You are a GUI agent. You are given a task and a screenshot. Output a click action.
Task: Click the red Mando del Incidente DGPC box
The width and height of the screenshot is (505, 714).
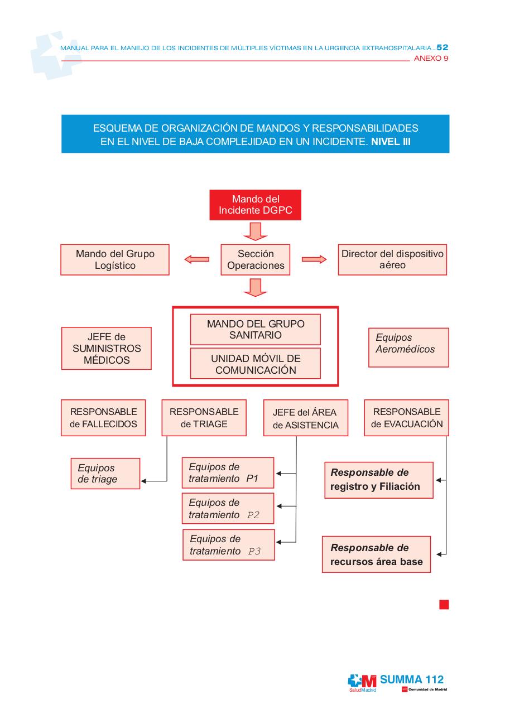pyautogui.click(x=255, y=205)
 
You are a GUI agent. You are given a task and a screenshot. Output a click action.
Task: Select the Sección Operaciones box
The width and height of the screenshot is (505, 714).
pyautogui.click(x=256, y=259)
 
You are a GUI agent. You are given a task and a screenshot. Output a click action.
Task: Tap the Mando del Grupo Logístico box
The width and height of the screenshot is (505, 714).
pyautogui.click(x=115, y=259)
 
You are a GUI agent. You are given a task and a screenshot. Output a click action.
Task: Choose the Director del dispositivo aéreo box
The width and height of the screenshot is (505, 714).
pyautogui.click(x=392, y=259)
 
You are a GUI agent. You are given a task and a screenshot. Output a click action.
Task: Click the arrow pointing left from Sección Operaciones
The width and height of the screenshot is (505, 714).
pyautogui.click(x=196, y=259)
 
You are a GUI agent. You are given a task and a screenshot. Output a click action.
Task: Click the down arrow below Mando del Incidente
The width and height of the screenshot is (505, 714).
pyautogui.click(x=256, y=230)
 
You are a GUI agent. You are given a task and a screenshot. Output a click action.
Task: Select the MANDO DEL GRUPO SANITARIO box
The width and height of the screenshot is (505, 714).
pyautogui.click(x=255, y=329)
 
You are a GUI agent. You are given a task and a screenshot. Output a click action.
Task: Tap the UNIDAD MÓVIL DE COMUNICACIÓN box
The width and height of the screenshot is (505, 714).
pyautogui.click(x=255, y=364)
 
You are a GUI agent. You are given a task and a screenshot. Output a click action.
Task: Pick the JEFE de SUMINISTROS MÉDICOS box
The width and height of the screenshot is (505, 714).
pyautogui.click(x=106, y=348)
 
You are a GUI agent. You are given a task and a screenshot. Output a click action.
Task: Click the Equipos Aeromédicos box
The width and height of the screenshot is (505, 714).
pyautogui.click(x=408, y=347)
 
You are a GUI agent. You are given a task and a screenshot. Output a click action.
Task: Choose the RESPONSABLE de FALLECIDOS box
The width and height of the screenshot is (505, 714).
pyautogui.click(x=103, y=418)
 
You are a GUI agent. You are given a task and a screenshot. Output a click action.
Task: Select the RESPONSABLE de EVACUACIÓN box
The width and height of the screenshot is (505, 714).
pyautogui.click(x=406, y=418)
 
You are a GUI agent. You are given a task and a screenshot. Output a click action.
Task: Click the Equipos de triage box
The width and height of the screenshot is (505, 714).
pyautogui.click(x=105, y=474)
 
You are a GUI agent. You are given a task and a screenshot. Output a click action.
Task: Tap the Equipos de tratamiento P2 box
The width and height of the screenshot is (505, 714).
pyautogui.click(x=228, y=509)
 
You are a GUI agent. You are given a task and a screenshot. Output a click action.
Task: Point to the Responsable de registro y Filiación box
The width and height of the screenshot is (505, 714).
pyautogui.click(x=378, y=480)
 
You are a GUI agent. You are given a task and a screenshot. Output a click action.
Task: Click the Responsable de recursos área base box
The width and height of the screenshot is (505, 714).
pyautogui.click(x=377, y=554)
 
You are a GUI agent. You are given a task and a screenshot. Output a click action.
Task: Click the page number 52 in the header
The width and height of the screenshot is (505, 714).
pyautogui.click(x=442, y=48)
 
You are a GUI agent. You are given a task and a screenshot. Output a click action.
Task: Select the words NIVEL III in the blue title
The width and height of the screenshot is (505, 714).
pyautogui.click(x=391, y=142)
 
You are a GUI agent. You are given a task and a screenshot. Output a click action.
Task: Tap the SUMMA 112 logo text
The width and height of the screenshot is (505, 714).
pyautogui.click(x=412, y=679)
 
